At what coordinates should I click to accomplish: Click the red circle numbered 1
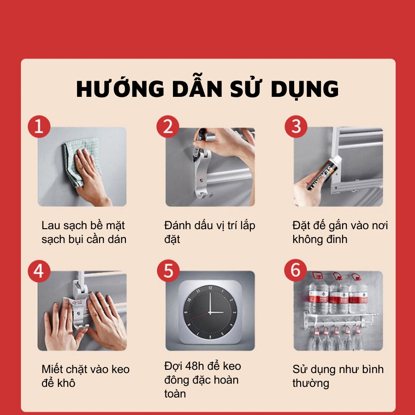(39, 127)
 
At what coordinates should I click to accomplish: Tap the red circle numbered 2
(167, 127)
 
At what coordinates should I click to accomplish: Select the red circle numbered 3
(296, 127)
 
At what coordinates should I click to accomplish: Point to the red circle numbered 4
(39, 271)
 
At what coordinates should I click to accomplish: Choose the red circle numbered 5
(167, 271)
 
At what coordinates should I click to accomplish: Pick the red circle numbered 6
(296, 271)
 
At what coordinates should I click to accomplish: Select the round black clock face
(210, 311)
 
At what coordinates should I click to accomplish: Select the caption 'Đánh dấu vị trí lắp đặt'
(209, 232)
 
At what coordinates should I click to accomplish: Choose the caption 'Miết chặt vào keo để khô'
(85, 376)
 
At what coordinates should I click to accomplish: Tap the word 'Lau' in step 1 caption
(51, 226)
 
